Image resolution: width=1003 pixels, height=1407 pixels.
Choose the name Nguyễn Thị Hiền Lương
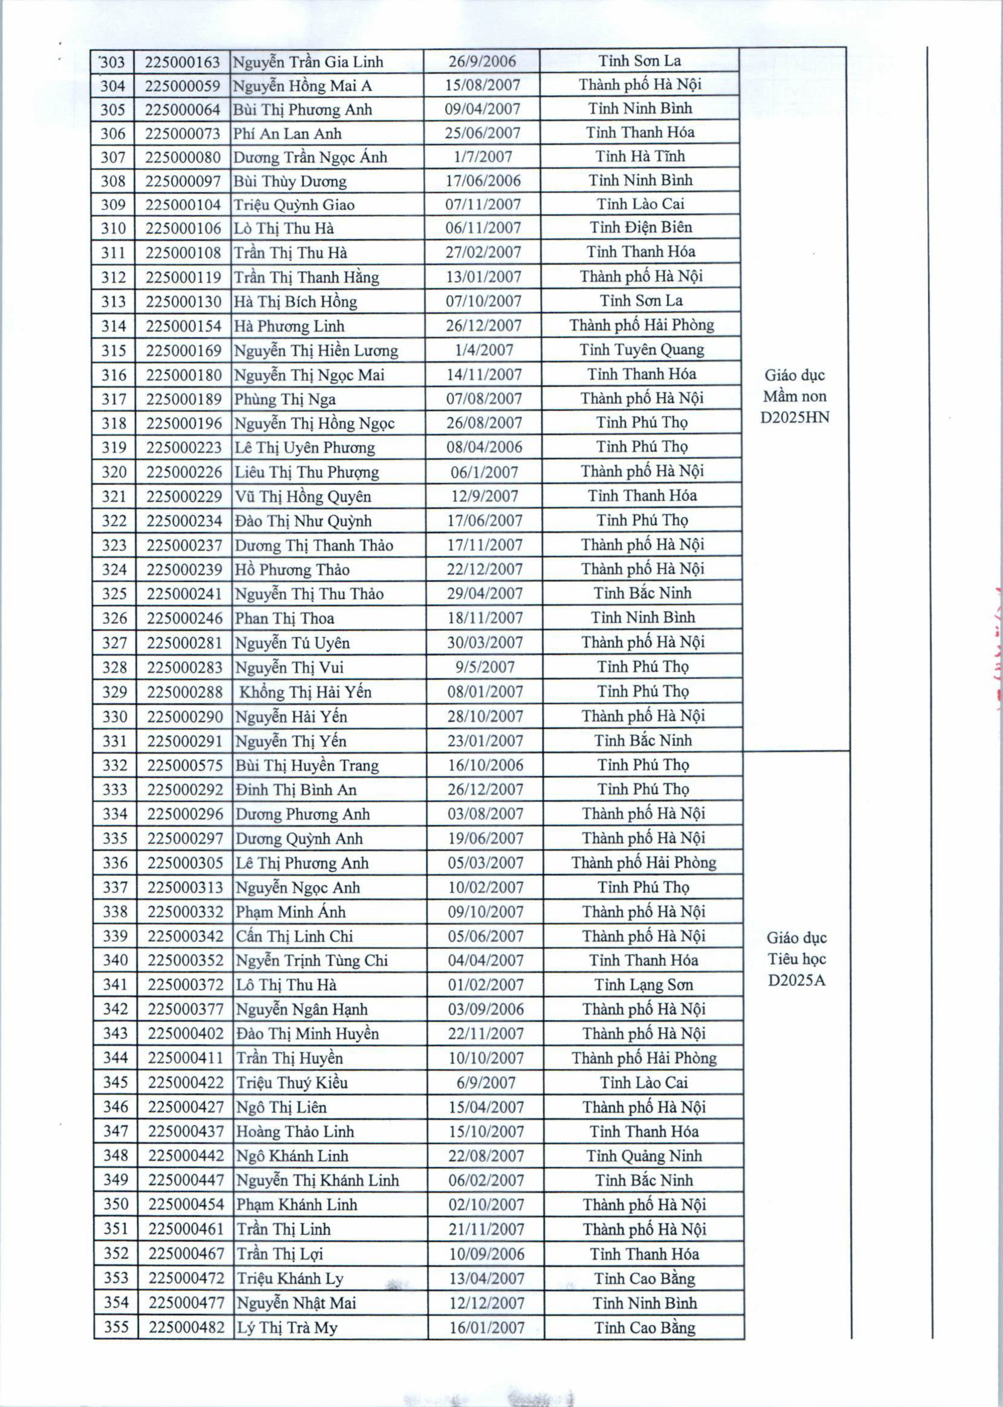(x=315, y=351)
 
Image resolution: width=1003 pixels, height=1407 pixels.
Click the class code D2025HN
(x=795, y=417)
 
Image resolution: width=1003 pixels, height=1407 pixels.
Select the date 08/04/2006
(x=484, y=447)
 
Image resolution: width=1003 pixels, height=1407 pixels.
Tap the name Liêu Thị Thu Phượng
(x=306, y=473)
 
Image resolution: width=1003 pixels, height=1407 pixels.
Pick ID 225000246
(x=184, y=618)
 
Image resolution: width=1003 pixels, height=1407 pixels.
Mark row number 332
(x=115, y=765)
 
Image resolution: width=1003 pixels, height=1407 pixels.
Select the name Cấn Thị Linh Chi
(x=294, y=936)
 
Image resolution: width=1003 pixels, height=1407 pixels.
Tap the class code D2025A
(x=797, y=980)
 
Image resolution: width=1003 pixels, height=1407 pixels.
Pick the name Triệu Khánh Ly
(x=290, y=1278)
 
